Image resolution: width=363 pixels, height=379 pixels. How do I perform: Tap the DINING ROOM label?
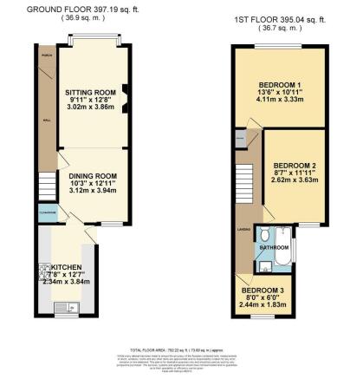[92, 177]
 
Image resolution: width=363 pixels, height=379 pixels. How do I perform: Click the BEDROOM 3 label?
[263, 290]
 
